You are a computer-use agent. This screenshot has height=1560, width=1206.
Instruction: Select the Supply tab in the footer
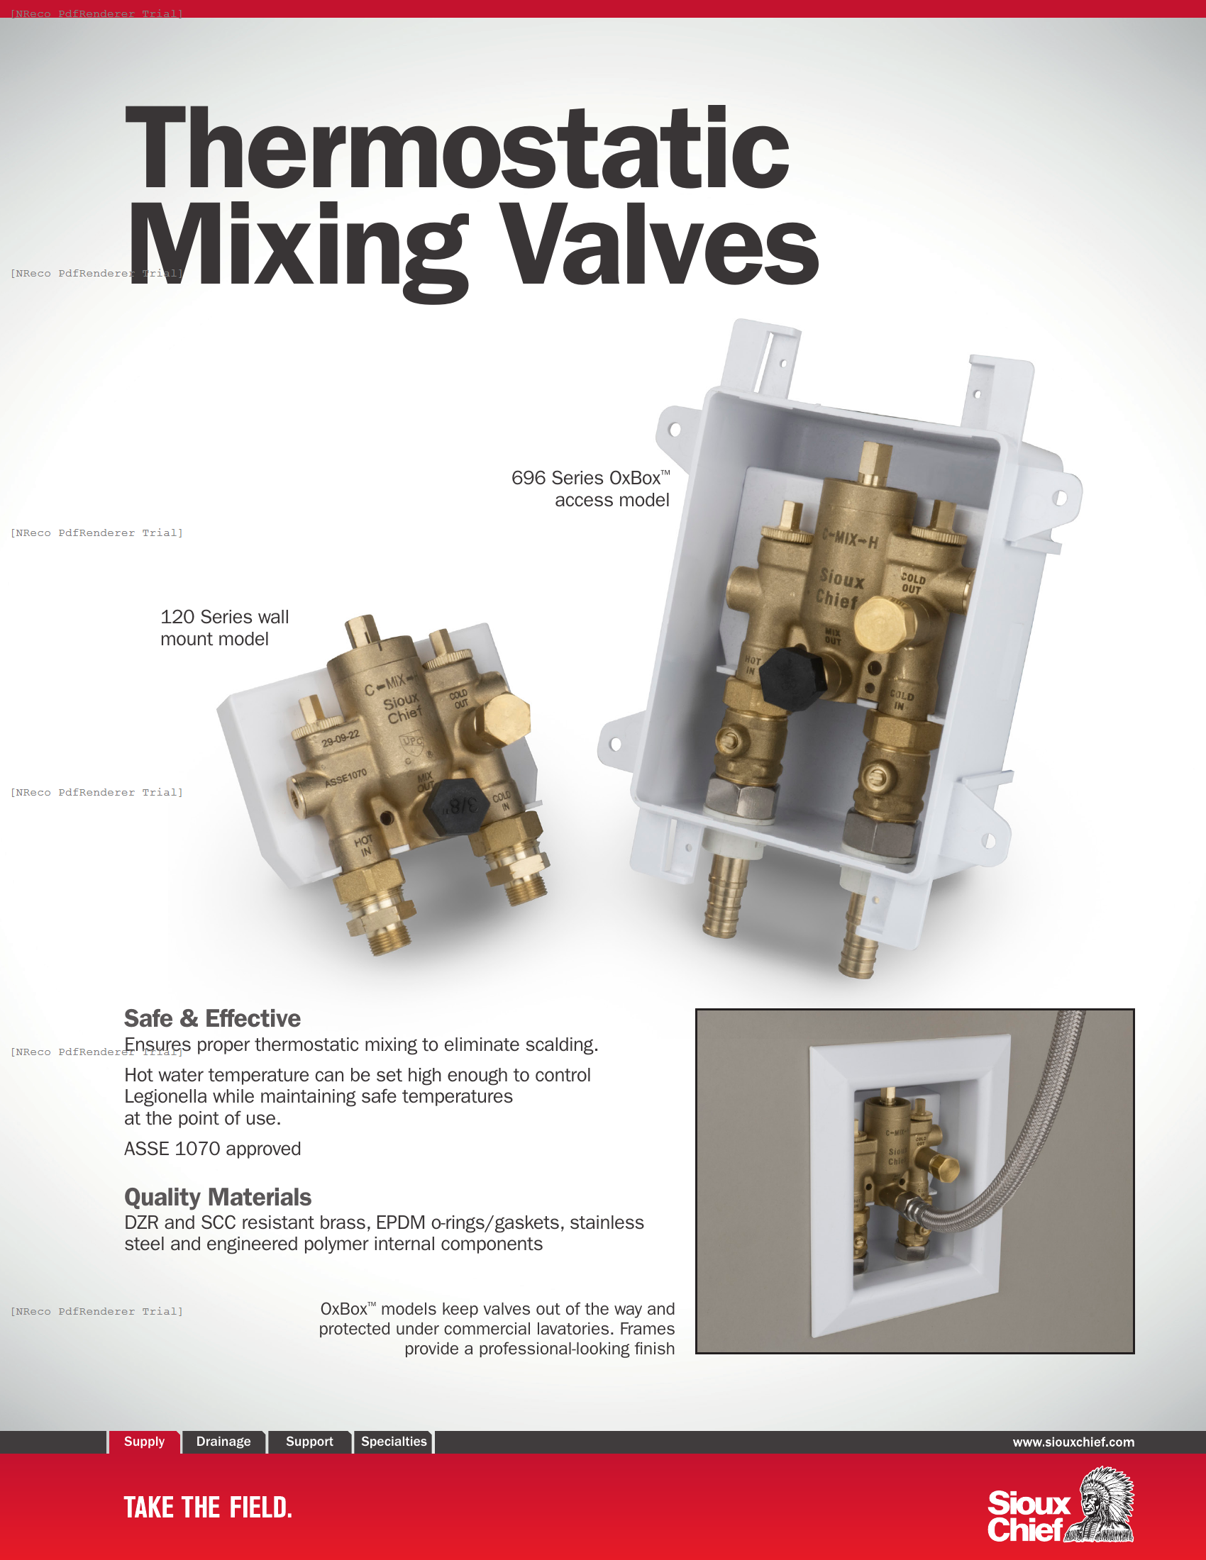click(144, 1442)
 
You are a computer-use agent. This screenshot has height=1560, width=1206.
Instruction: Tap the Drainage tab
click(223, 1442)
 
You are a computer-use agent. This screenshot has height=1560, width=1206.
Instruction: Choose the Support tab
click(309, 1442)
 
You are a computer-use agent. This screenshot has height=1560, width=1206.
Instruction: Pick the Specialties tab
click(394, 1442)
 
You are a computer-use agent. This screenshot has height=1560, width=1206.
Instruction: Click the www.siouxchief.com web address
click(1073, 1442)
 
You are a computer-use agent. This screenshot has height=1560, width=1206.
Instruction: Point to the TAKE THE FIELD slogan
click(208, 1508)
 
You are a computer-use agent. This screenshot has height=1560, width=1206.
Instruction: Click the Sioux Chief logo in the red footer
click(1061, 1505)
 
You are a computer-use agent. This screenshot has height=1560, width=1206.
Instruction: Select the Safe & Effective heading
click(212, 1018)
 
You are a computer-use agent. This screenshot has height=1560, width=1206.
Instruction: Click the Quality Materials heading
click(218, 1196)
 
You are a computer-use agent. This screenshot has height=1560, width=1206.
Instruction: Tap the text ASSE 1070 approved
click(212, 1149)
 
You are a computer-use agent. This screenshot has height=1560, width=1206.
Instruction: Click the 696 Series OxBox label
click(590, 489)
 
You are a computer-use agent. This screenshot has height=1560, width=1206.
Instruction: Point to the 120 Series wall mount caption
click(224, 627)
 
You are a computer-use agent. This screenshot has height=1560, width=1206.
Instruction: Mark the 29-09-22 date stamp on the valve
click(340, 739)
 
